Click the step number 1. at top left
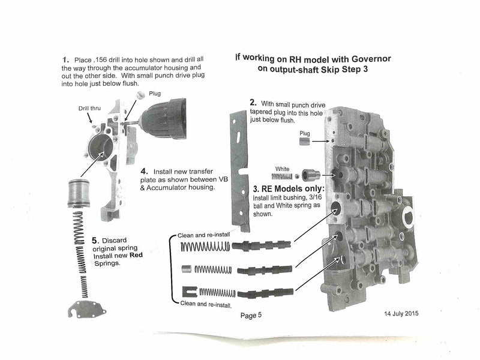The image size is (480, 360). [x=65, y=61]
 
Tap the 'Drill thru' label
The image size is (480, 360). [x=89, y=109]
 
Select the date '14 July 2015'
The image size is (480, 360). [x=402, y=314]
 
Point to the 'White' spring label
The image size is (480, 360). [x=281, y=169]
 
